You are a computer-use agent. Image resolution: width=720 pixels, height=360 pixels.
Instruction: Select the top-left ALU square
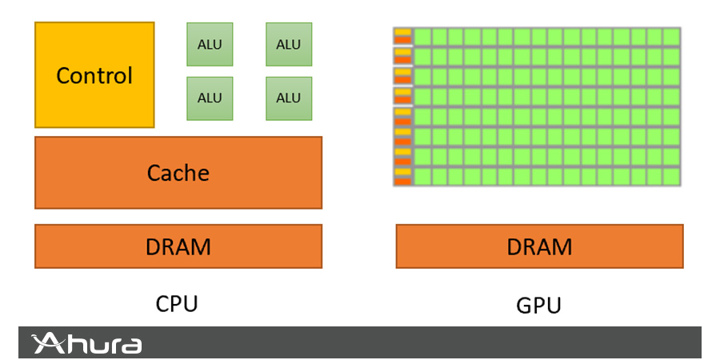pyautogui.click(x=210, y=44)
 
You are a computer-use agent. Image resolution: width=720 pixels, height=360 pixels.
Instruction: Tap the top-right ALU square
pyautogui.click(x=289, y=44)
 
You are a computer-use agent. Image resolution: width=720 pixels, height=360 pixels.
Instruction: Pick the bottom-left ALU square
pyautogui.click(x=210, y=98)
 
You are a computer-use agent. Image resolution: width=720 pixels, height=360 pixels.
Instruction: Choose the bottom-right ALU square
pyautogui.click(x=289, y=98)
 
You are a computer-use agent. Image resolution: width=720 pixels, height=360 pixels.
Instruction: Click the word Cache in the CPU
pyautogui.click(x=178, y=173)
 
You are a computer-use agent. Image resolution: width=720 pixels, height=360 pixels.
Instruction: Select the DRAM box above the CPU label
pyautogui.click(x=178, y=246)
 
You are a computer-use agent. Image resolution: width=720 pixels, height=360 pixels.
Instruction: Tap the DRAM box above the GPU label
pyautogui.click(x=539, y=246)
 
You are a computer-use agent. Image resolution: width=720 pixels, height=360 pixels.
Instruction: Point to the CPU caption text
pyautogui.click(x=176, y=304)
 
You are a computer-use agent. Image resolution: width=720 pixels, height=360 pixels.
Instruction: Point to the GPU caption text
pyautogui.click(x=539, y=306)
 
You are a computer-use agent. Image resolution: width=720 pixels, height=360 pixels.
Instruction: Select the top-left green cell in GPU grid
pyautogui.click(x=422, y=37)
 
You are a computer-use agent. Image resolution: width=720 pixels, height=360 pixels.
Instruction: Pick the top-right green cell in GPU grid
pyautogui.click(x=671, y=37)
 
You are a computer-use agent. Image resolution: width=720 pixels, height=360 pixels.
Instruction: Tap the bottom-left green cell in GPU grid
pyautogui.click(x=422, y=176)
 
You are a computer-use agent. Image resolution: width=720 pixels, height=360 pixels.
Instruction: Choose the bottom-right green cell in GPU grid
pyautogui.click(x=671, y=176)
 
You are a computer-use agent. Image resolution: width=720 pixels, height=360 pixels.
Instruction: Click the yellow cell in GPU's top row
pyautogui.click(x=402, y=33)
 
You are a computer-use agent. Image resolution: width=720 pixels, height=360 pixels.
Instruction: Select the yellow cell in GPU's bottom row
pyautogui.click(x=402, y=172)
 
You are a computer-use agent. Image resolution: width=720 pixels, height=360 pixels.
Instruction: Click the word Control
pyautogui.click(x=94, y=76)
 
